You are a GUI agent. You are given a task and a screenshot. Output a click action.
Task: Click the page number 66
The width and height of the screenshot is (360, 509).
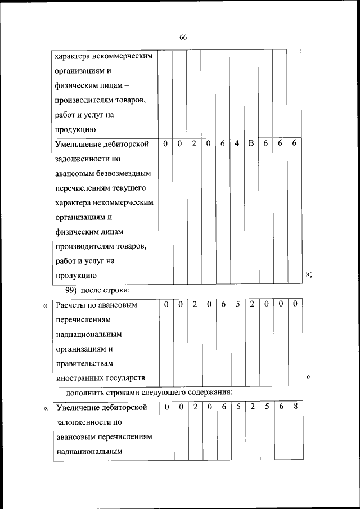pos(183,37)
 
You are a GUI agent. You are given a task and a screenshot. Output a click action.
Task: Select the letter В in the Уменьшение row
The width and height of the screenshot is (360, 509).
pos(251,143)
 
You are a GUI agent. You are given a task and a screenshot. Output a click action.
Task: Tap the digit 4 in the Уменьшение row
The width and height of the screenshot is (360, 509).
pos(237,143)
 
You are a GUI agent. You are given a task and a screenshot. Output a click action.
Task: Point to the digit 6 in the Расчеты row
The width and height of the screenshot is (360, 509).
pos(223,304)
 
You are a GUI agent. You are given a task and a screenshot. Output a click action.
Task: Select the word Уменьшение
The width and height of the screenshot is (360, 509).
pos(78,144)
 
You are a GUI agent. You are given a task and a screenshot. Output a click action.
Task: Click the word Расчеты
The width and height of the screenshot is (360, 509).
pos(70,305)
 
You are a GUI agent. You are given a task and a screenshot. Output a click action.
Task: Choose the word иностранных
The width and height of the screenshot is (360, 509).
pos(78,378)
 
